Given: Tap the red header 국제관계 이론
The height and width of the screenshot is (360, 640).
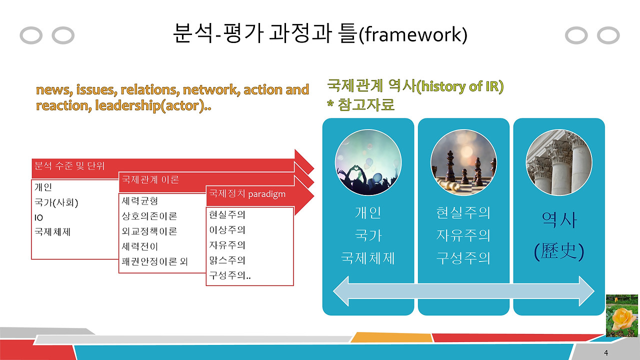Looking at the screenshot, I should (150, 180).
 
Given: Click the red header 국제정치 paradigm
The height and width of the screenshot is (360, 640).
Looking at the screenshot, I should (247, 194).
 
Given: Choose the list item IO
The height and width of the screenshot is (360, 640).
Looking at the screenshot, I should (39, 217).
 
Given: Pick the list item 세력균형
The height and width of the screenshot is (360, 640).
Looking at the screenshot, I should (140, 201).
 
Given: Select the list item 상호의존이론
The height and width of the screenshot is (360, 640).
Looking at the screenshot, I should (149, 216).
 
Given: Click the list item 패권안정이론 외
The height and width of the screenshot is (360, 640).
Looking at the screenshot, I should (154, 261).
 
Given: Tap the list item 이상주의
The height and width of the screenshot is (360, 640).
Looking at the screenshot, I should (227, 230).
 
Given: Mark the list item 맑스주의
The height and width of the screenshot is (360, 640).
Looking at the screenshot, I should (227, 260).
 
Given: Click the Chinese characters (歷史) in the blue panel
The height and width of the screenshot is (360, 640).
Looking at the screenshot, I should (559, 250).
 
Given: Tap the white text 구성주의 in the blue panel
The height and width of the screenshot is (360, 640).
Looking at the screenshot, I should (463, 258).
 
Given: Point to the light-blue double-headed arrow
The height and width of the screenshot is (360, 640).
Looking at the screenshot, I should (463, 291).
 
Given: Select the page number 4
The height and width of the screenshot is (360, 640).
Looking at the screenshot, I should (606, 353).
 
